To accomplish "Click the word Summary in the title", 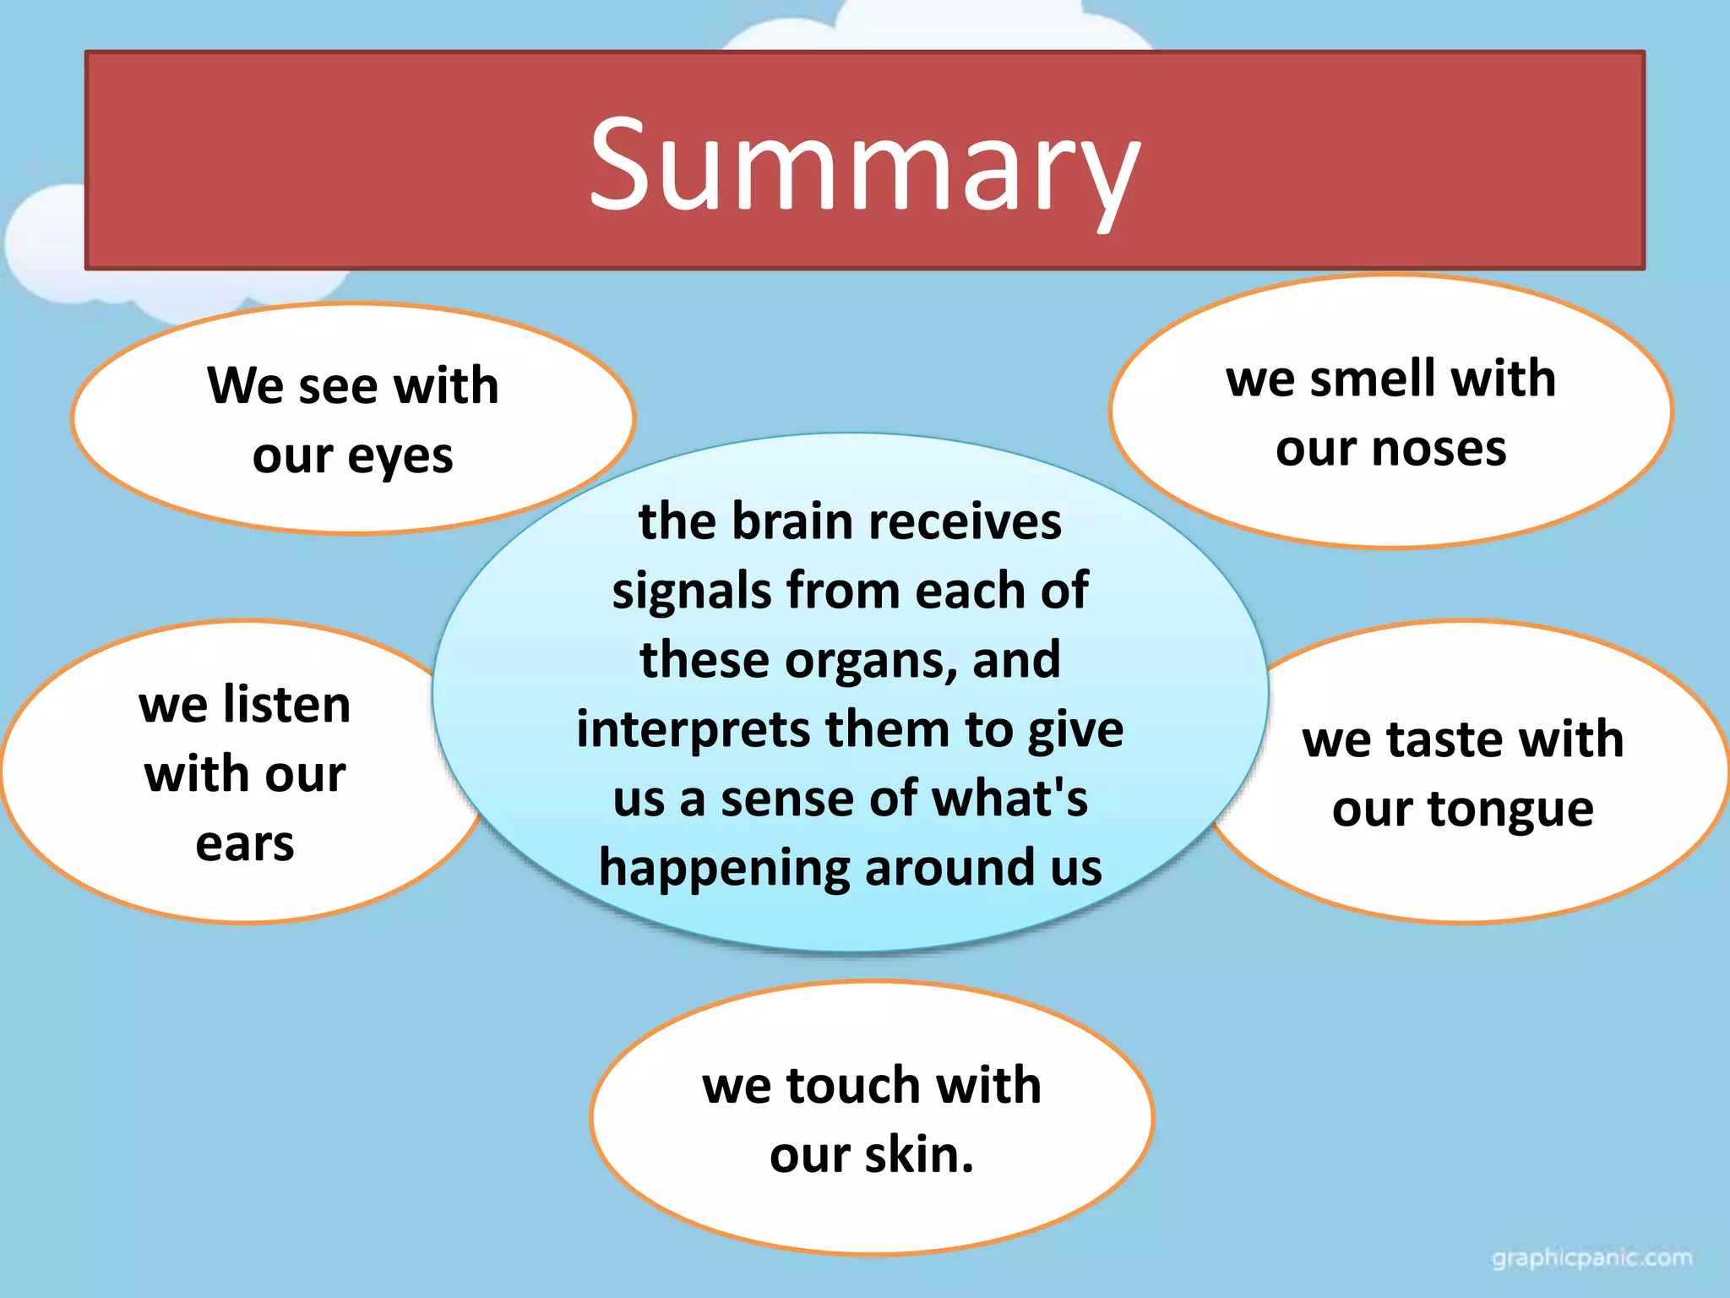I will (864, 165).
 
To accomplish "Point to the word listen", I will (287, 705).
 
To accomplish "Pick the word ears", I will (245, 843).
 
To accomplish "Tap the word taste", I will (1440, 740).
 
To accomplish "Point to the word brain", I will (792, 521).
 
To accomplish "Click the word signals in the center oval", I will (691, 591).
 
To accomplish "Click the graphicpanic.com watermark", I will (1591, 1258).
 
